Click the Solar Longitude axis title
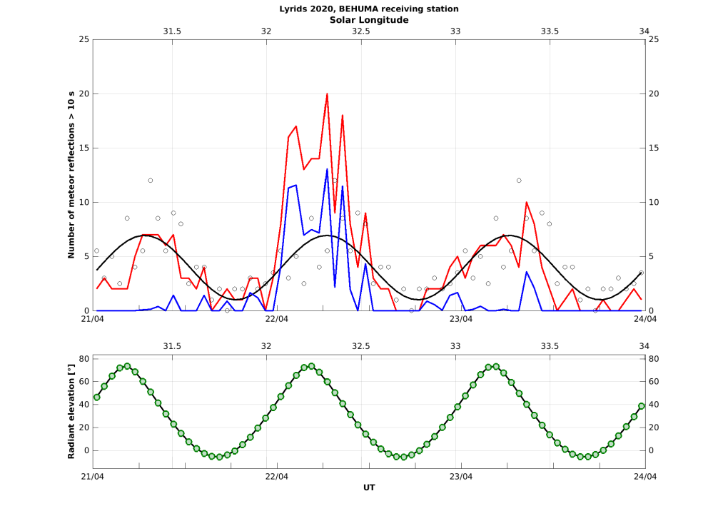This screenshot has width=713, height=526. (369, 20)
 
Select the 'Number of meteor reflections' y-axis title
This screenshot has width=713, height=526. (71, 175)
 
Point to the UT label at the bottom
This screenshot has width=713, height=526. (369, 487)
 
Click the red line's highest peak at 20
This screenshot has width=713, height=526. (327, 94)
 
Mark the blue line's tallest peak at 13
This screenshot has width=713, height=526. (327, 169)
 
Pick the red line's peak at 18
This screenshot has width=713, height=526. (343, 116)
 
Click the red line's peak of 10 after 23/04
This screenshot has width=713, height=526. (527, 202)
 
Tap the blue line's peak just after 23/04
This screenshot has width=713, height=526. (527, 271)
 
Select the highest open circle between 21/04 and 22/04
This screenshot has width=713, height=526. (151, 181)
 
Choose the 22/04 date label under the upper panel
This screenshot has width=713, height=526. (277, 319)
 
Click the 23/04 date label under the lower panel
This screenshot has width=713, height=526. (461, 476)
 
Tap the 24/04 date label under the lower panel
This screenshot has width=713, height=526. (645, 476)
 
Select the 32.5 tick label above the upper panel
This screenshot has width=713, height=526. (361, 31)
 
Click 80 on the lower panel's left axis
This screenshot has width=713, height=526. (84, 358)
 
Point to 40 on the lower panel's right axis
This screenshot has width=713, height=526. (654, 405)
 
